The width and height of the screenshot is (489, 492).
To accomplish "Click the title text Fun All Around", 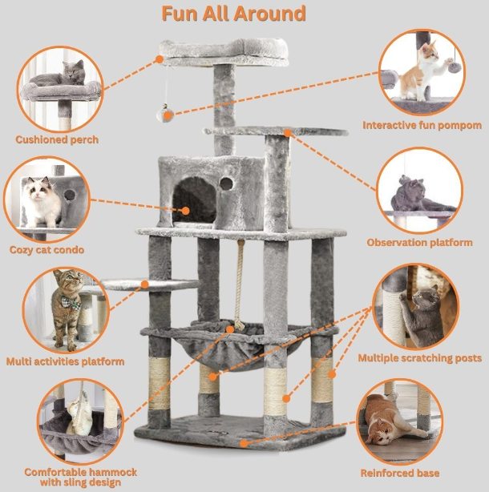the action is pos(233,14).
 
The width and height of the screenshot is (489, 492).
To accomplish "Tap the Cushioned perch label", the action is pos(57,139).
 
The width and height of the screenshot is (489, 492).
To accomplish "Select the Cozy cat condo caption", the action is pos(46,250).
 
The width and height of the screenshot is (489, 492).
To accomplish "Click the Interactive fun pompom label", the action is pos(422,125).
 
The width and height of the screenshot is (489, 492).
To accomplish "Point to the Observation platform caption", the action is pos(419,243).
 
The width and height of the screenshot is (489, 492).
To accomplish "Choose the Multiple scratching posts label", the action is pos(419,358).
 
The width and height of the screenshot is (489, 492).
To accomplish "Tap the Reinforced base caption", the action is pos(399,473).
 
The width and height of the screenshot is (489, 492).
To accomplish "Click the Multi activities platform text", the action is pos(65,361).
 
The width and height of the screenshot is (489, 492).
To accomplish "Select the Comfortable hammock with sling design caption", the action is pos(81,477).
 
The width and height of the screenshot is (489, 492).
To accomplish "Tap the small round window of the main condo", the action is pos(226,183).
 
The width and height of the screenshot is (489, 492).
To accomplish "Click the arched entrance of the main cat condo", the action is pos(194,201).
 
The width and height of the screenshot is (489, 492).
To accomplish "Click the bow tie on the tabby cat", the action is pos(71,303).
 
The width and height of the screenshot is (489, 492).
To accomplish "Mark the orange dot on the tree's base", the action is pos(244,443).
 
